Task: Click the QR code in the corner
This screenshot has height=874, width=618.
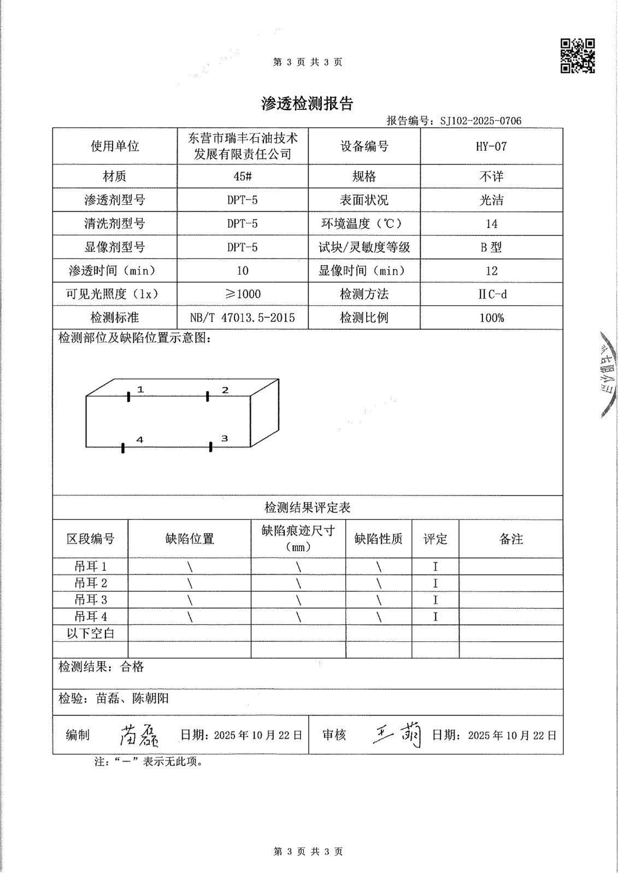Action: tap(578, 56)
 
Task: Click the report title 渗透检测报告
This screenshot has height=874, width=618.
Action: tap(307, 104)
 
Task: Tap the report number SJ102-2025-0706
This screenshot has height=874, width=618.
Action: tap(480, 121)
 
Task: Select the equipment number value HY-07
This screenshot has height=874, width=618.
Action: tap(491, 146)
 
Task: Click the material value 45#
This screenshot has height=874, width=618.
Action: tap(242, 176)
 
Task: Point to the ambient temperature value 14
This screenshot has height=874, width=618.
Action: tap(491, 224)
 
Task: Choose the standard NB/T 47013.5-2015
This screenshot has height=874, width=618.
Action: tap(242, 318)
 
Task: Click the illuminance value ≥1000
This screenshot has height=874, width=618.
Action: tap(242, 294)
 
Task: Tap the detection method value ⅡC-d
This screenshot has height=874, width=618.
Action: tap(491, 294)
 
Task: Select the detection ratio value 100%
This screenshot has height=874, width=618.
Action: tap(491, 318)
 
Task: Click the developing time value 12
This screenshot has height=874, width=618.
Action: tap(491, 271)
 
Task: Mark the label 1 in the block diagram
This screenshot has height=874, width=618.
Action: tap(140, 389)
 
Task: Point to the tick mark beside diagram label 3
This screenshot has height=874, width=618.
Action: tap(211, 447)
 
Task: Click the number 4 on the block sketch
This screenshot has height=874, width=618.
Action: tap(140, 440)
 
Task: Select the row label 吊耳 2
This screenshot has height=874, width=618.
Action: tap(91, 583)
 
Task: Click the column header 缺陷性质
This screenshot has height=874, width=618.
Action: tap(378, 539)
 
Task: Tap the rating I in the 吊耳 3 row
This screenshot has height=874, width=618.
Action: tap(435, 600)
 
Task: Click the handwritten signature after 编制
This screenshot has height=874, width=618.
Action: tap(138, 736)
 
